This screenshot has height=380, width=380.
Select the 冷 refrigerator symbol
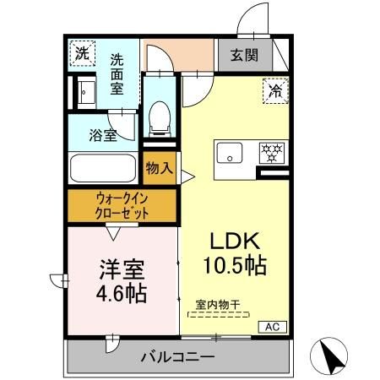pyautogui.click(x=274, y=87)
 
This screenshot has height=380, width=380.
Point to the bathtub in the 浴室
pyautogui.click(x=102, y=167)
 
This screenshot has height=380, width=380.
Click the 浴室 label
pyautogui.click(x=104, y=135)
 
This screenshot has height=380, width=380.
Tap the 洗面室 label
pyautogui.click(x=119, y=73)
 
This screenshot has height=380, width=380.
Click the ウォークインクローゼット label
pyautogui.click(x=121, y=206)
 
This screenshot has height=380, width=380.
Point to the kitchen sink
pyautogui.click(x=229, y=154)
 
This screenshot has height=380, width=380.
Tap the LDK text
pyautogui.click(x=234, y=238)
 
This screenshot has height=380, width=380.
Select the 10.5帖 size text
pyautogui.click(x=234, y=266)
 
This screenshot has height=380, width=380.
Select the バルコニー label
pyautogui.click(x=177, y=357)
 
